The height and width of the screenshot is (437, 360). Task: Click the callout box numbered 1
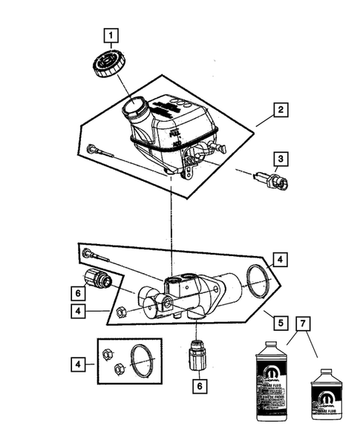pos(111,35)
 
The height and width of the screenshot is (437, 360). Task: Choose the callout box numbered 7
pos(301,323)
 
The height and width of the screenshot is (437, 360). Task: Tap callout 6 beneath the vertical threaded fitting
pos(197,386)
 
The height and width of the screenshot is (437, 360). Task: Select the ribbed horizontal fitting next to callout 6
pos(99,280)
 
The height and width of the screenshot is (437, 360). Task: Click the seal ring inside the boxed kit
pos(140,359)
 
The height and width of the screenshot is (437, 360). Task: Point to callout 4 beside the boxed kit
pos(77,364)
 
